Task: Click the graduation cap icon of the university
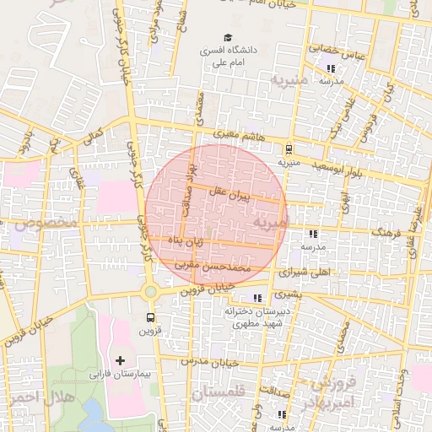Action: tap(227, 37)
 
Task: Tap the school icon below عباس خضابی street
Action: tap(331, 68)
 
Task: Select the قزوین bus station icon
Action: tap(150, 318)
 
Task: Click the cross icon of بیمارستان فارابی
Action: tap(120, 360)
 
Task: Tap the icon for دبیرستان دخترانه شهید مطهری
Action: tap(257, 298)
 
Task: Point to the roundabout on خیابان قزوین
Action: tap(150, 292)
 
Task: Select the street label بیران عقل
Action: tap(233, 195)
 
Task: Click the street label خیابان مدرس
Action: tap(210, 361)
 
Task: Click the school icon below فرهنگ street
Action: tap(313, 234)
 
